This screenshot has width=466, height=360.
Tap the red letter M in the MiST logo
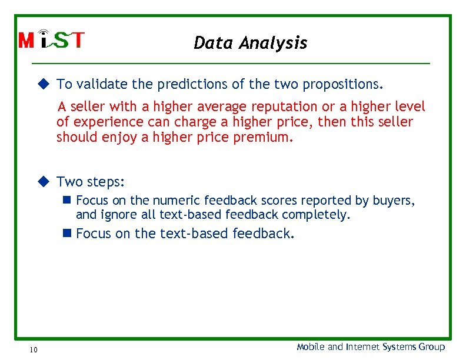(x=27, y=41)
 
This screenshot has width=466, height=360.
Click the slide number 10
(x=33, y=350)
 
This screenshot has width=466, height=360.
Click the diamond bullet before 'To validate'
(x=43, y=84)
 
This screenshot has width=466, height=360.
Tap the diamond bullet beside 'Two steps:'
(x=43, y=181)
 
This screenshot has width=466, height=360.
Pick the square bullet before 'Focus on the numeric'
(x=66, y=201)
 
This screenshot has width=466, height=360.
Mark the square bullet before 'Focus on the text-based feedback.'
(x=66, y=234)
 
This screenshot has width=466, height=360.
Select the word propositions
(x=343, y=84)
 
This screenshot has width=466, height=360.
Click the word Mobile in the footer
(x=311, y=347)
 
